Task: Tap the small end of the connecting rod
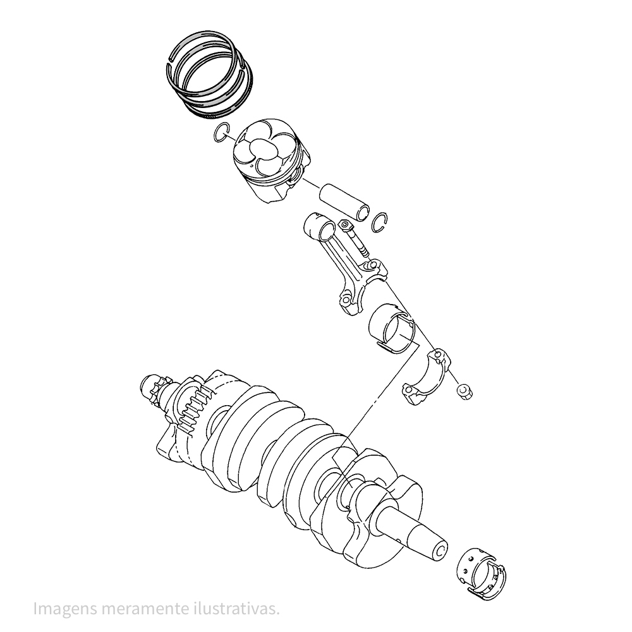pyautogui.click(x=320, y=228)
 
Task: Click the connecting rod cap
pyautogui.click(x=427, y=377)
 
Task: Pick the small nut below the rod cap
pyautogui.click(x=464, y=391)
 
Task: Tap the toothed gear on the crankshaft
pyautogui.click(x=193, y=408)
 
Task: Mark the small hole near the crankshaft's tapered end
pyautogui.click(x=399, y=540)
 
